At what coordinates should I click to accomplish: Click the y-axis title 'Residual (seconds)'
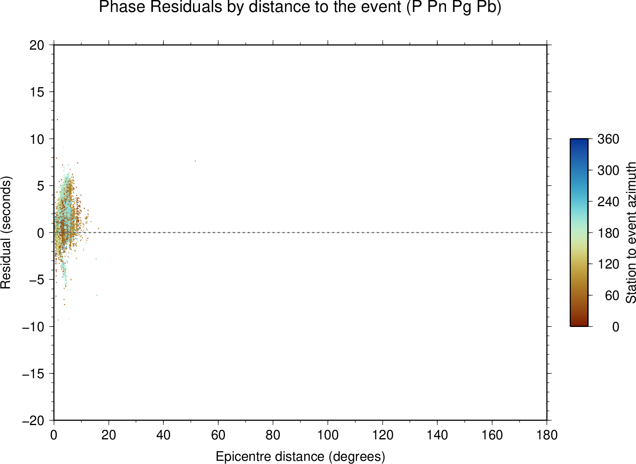point(6,232)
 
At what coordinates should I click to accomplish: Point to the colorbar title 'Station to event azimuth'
point(630,232)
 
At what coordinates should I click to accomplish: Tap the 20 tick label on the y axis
point(37,45)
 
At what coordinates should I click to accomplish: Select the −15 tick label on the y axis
point(33,374)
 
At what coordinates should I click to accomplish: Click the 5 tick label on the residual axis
point(41,186)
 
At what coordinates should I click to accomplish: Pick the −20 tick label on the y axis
point(33,421)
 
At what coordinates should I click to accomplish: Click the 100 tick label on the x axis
point(328,435)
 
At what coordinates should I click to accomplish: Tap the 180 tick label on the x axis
point(547,435)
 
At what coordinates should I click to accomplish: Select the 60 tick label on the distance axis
point(218,435)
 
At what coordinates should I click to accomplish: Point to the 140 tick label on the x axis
point(437,435)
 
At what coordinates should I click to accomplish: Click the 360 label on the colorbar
point(608,139)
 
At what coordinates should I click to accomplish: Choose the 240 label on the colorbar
point(608,202)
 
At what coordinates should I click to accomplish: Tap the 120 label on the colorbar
point(608,264)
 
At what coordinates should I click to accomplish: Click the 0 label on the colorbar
point(616,327)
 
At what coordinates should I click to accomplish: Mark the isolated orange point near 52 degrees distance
point(195,161)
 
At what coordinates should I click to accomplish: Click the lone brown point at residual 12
point(57,120)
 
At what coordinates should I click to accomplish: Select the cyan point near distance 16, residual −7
point(97,296)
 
